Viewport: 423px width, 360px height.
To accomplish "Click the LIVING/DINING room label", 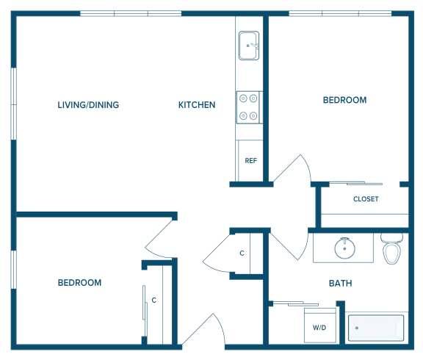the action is (88, 105).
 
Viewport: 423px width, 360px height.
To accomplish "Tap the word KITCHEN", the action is (197, 105).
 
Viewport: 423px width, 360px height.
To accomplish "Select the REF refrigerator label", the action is (251, 161).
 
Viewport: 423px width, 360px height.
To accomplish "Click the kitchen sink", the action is (249, 46).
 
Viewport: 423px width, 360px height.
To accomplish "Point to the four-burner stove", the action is (248, 107).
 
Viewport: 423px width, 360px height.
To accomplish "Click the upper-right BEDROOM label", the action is (344, 100).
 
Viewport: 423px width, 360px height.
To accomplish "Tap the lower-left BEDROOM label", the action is (79, 283).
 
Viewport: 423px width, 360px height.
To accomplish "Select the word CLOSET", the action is (366, 199).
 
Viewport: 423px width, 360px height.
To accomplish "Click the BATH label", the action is (341, 284).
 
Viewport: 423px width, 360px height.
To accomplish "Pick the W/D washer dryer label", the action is (319, 328).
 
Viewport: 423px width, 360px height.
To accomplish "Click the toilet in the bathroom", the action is (391, 248).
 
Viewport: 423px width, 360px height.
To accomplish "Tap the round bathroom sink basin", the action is (344, 248).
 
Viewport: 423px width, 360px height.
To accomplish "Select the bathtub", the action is (376, 328).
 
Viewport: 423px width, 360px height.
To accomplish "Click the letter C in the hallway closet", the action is (242, 253).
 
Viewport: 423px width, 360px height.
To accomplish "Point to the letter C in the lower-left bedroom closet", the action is (154, 300).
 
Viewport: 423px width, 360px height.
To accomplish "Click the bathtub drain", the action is (357, 328).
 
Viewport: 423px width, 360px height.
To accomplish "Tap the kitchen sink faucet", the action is (254, 46).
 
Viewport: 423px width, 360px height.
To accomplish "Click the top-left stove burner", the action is (243, 98).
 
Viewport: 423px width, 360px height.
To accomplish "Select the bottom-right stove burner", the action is (253, 116).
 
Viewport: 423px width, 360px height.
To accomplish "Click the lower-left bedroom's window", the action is (13, 270).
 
